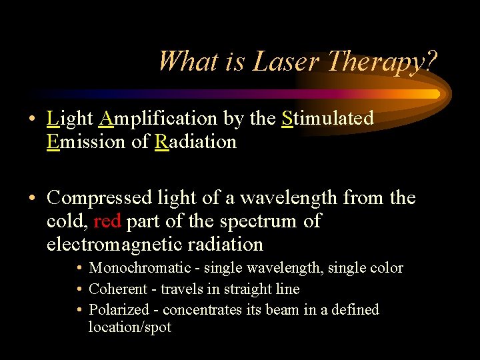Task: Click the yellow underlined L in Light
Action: [52, 119]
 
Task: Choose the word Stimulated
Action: [327, 119]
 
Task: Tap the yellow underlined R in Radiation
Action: [161, 142]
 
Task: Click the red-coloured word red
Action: [107, 221]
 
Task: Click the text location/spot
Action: [130, 327]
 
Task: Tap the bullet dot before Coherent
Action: [79, 289]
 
